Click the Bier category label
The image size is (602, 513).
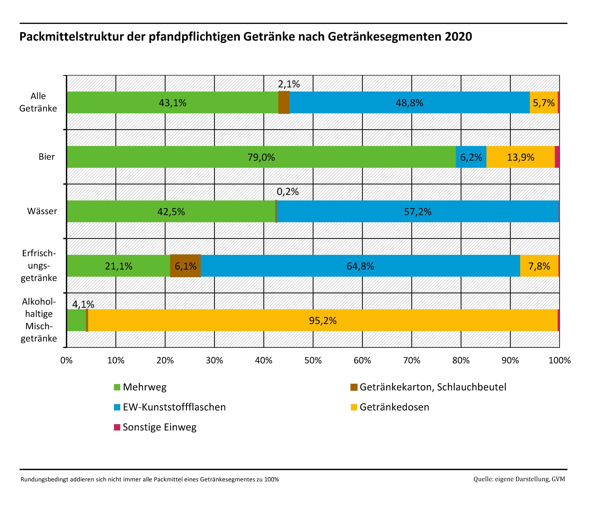click(x=46, y=157)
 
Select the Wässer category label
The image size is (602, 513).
click(x=42, y=211)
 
